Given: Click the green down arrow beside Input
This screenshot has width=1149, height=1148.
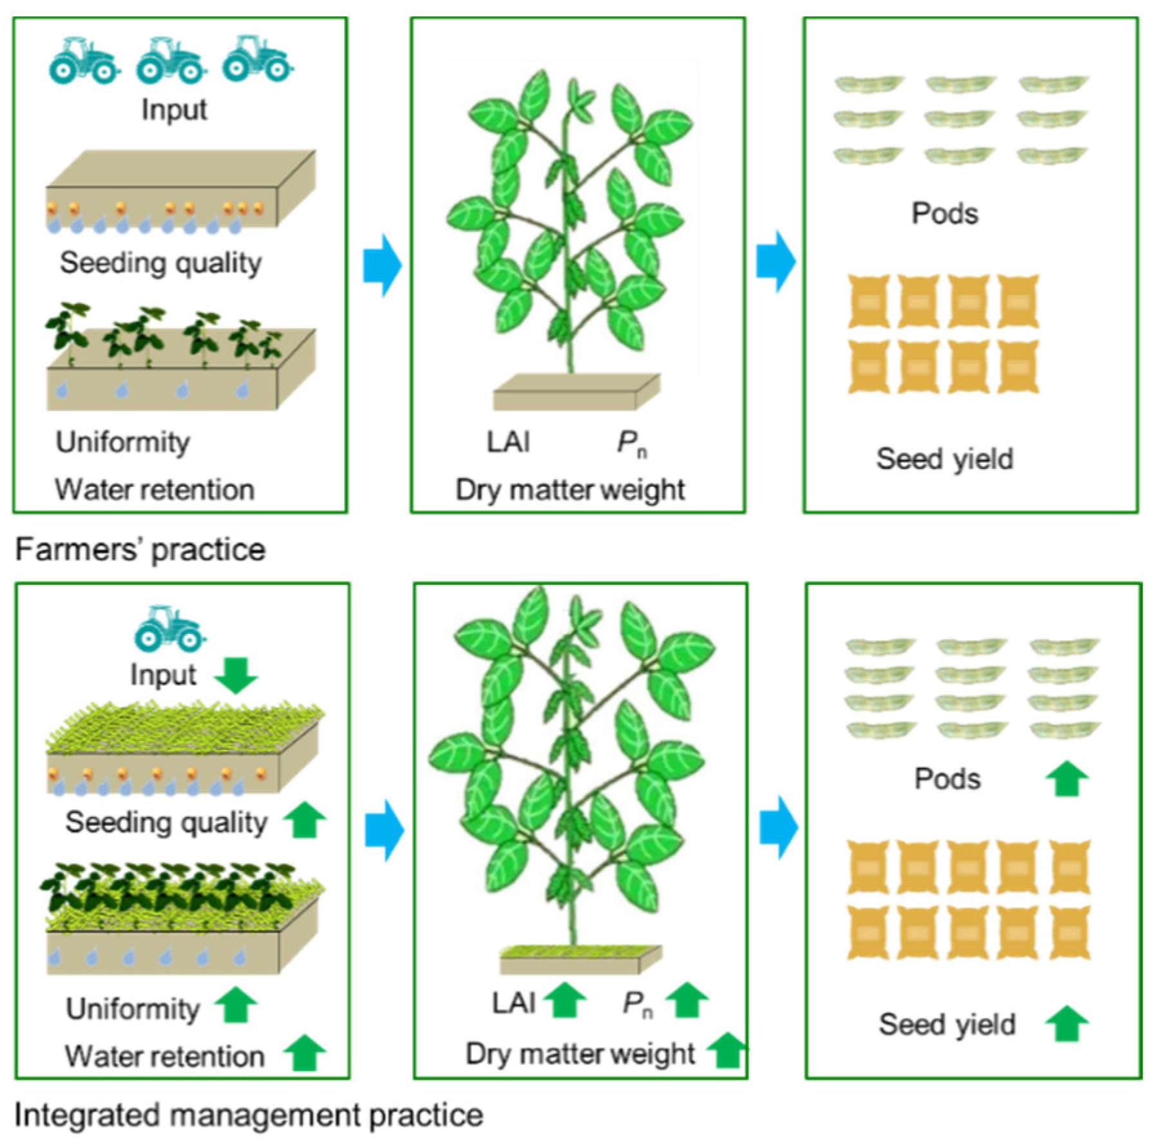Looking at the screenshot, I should (x=236, y=675).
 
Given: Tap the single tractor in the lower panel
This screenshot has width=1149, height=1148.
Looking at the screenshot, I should (x=169, y=629).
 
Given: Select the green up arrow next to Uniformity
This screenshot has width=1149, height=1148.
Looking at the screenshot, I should (x=236, y=1005).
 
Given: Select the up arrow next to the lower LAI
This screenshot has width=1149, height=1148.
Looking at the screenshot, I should (x=565, y=1000).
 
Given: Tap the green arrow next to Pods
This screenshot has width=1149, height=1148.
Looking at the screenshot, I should (x=1067, y=778).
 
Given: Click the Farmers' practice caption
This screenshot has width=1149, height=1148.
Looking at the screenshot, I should (x=140, y=550).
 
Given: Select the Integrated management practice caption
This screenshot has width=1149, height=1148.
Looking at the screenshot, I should (x=249, y=1115).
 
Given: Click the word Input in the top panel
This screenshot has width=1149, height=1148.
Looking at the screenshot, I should (x=174, y=110).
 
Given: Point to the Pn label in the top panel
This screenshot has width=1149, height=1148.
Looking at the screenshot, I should (x=631, y=443).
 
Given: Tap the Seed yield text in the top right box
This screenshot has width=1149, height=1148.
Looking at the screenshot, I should (x=944, y=459).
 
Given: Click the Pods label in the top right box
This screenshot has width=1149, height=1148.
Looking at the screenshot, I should (x=944, y=213).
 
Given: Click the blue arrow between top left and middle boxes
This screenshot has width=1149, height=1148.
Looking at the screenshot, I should (x=383, y=265).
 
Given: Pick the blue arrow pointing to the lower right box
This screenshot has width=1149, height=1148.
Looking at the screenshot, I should (x=778, y=827).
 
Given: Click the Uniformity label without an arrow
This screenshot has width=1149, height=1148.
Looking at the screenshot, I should (x=122, y=442).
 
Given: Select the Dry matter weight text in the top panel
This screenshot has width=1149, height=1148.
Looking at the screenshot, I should (x=570, y=490).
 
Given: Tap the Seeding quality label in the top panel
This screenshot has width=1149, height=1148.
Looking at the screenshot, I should (x=161, y=263).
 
